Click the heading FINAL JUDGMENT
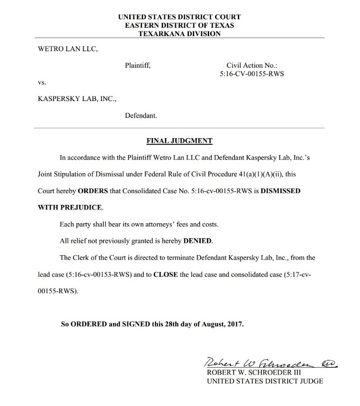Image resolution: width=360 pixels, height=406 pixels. pos(180,141)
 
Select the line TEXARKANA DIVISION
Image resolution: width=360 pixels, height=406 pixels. pos(180,33)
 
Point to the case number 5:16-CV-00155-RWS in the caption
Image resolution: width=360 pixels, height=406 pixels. pos(252,74)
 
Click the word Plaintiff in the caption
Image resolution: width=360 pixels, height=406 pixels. pos(138,66)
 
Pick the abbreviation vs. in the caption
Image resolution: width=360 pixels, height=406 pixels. pos(42,82)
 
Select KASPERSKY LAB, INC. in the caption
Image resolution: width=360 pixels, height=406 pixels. pos(77,99)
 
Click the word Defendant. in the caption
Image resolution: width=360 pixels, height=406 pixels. pos(141,116)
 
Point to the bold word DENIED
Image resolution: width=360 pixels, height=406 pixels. pos(197,241)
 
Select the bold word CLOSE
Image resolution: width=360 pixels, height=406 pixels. pos(166,274)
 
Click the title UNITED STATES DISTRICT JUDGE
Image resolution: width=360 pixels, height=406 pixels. pos(265,381)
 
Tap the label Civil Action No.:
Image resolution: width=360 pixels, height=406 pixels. pos(252,66)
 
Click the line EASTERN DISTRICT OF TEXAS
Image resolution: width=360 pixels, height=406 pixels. pos(180,25)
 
